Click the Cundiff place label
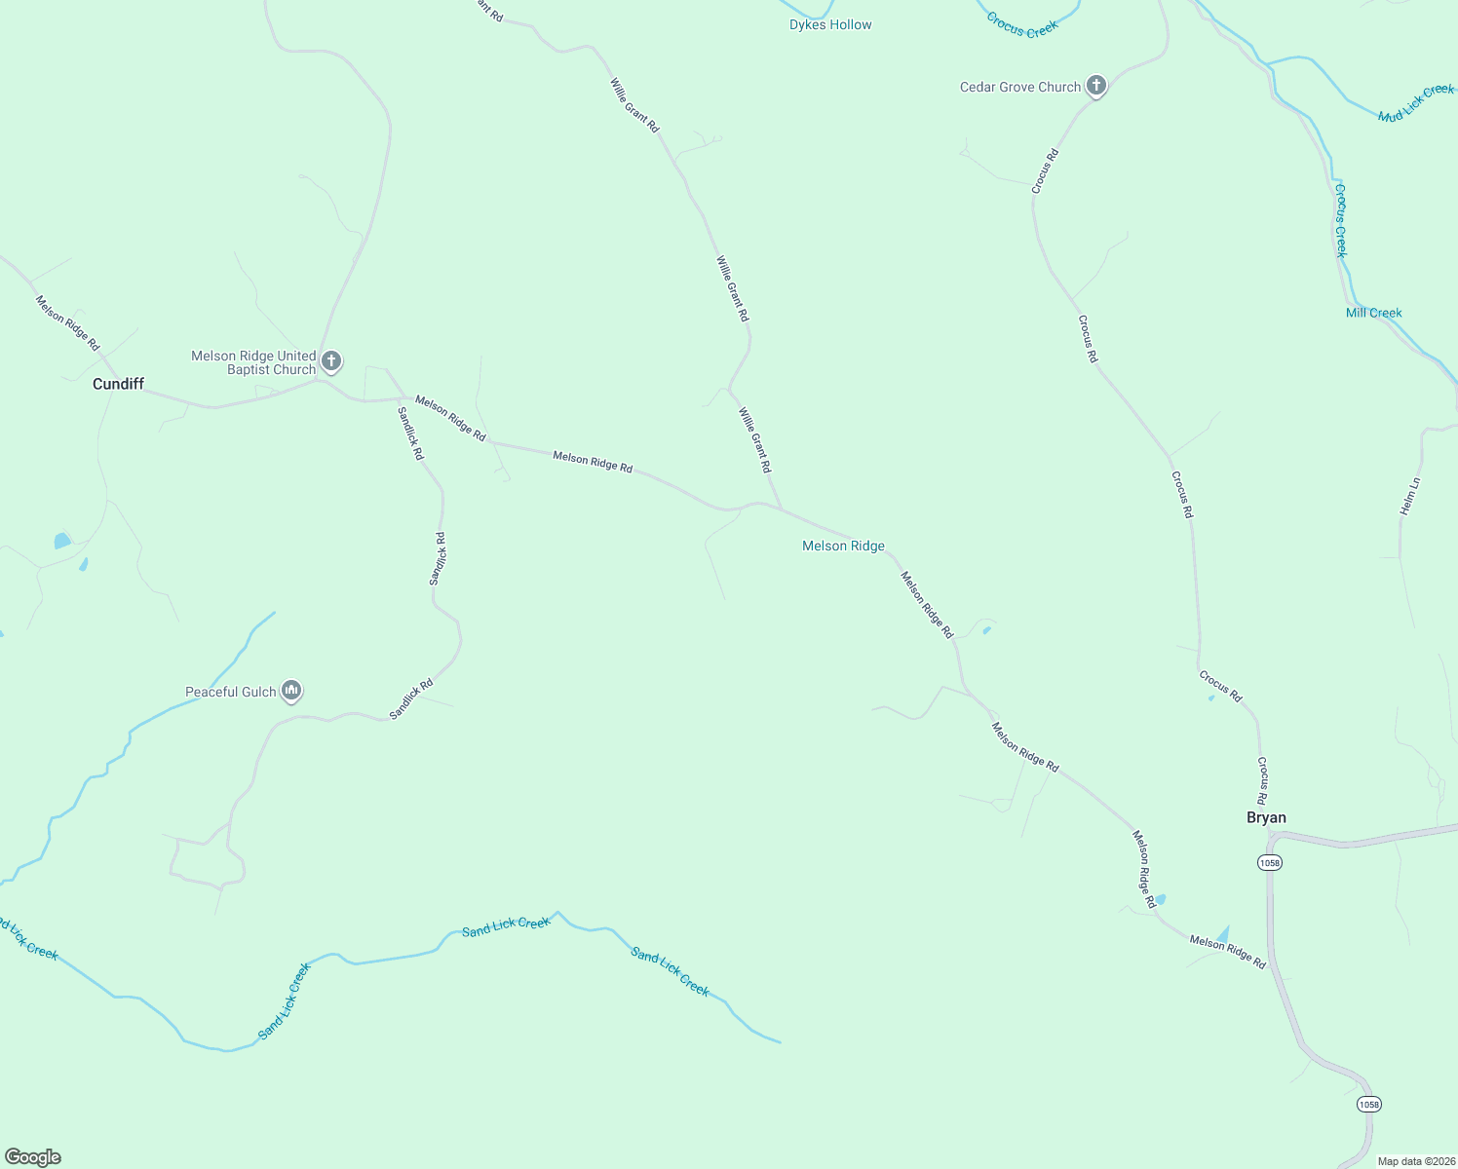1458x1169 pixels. [x=118, y=384]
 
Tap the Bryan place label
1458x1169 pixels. [x=1266, y=817]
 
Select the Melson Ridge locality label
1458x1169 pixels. [x=843, y=546]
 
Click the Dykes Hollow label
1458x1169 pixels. [x=830, y=24]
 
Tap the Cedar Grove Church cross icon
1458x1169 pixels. [x=1096, y=87]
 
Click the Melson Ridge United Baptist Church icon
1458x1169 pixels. [x=331, y=362]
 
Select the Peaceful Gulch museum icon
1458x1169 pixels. [x=290, y=692]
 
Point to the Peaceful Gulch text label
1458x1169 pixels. [x=231, y=692]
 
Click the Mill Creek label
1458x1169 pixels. [x=1373, y=313]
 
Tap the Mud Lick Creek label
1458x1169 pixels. [x=1415, y=103]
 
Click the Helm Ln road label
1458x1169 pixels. [x=1409, y=496]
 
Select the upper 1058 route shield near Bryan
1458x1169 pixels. [x=1269, y=862]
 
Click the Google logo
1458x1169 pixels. [x=33, y=1157]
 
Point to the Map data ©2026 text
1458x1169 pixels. [x=1416, y=1161]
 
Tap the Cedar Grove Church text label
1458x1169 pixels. [x=1020, y=87]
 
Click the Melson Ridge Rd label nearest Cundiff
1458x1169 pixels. [x=67, y=322]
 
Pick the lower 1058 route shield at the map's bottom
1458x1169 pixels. [x=1368, y=1104]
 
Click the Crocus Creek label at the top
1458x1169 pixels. [x=1021, y=25]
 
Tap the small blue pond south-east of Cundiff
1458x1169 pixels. [x=62, y=540]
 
